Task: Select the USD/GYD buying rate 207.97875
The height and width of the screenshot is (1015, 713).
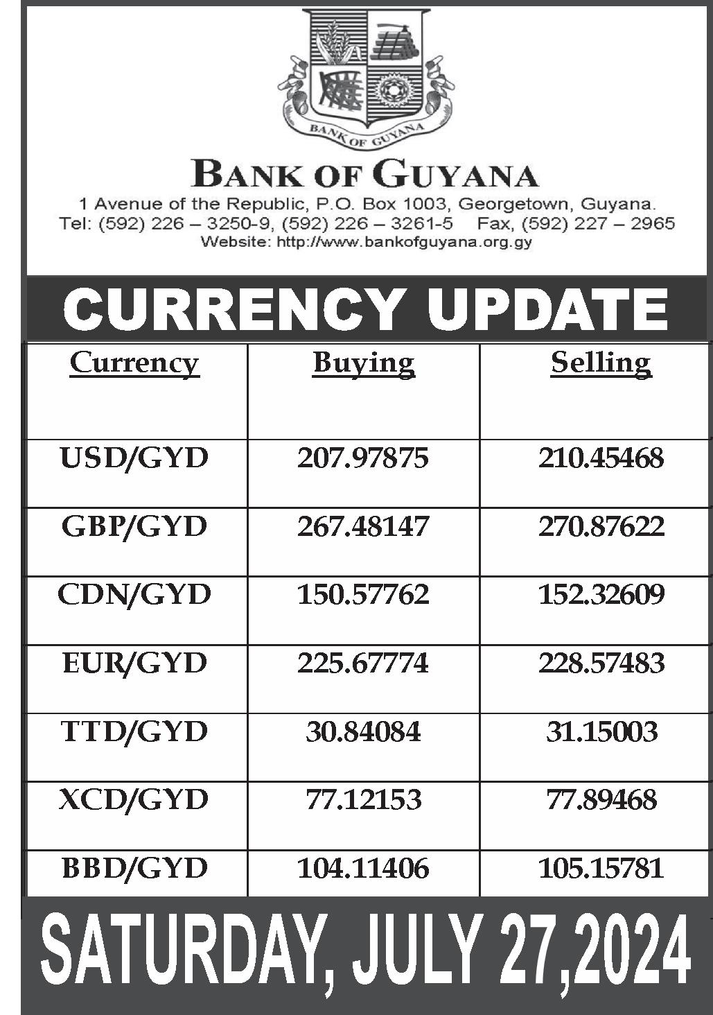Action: (363, 458)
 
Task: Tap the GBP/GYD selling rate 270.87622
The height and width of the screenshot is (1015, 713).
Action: (601, 526)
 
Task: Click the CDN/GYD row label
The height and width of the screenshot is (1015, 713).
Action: (134, 595)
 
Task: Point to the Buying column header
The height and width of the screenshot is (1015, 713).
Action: (363, 363)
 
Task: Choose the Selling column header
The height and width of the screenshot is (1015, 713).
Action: (601, 363)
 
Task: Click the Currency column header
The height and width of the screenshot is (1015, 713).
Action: (134, 363)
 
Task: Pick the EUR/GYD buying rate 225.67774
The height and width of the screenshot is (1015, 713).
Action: (363, 663)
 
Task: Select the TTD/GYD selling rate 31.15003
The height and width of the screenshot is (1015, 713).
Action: (601, 731)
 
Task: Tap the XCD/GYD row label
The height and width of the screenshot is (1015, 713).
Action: (134, 800)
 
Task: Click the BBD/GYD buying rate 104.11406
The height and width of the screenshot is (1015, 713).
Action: (363, 868)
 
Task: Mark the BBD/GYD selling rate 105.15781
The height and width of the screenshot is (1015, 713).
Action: (601, 868)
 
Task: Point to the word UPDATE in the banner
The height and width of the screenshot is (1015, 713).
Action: (547, 309)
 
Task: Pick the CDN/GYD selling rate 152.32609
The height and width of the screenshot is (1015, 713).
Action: (601, 595)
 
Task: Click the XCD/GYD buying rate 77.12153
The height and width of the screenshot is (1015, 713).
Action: (363, 800)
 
